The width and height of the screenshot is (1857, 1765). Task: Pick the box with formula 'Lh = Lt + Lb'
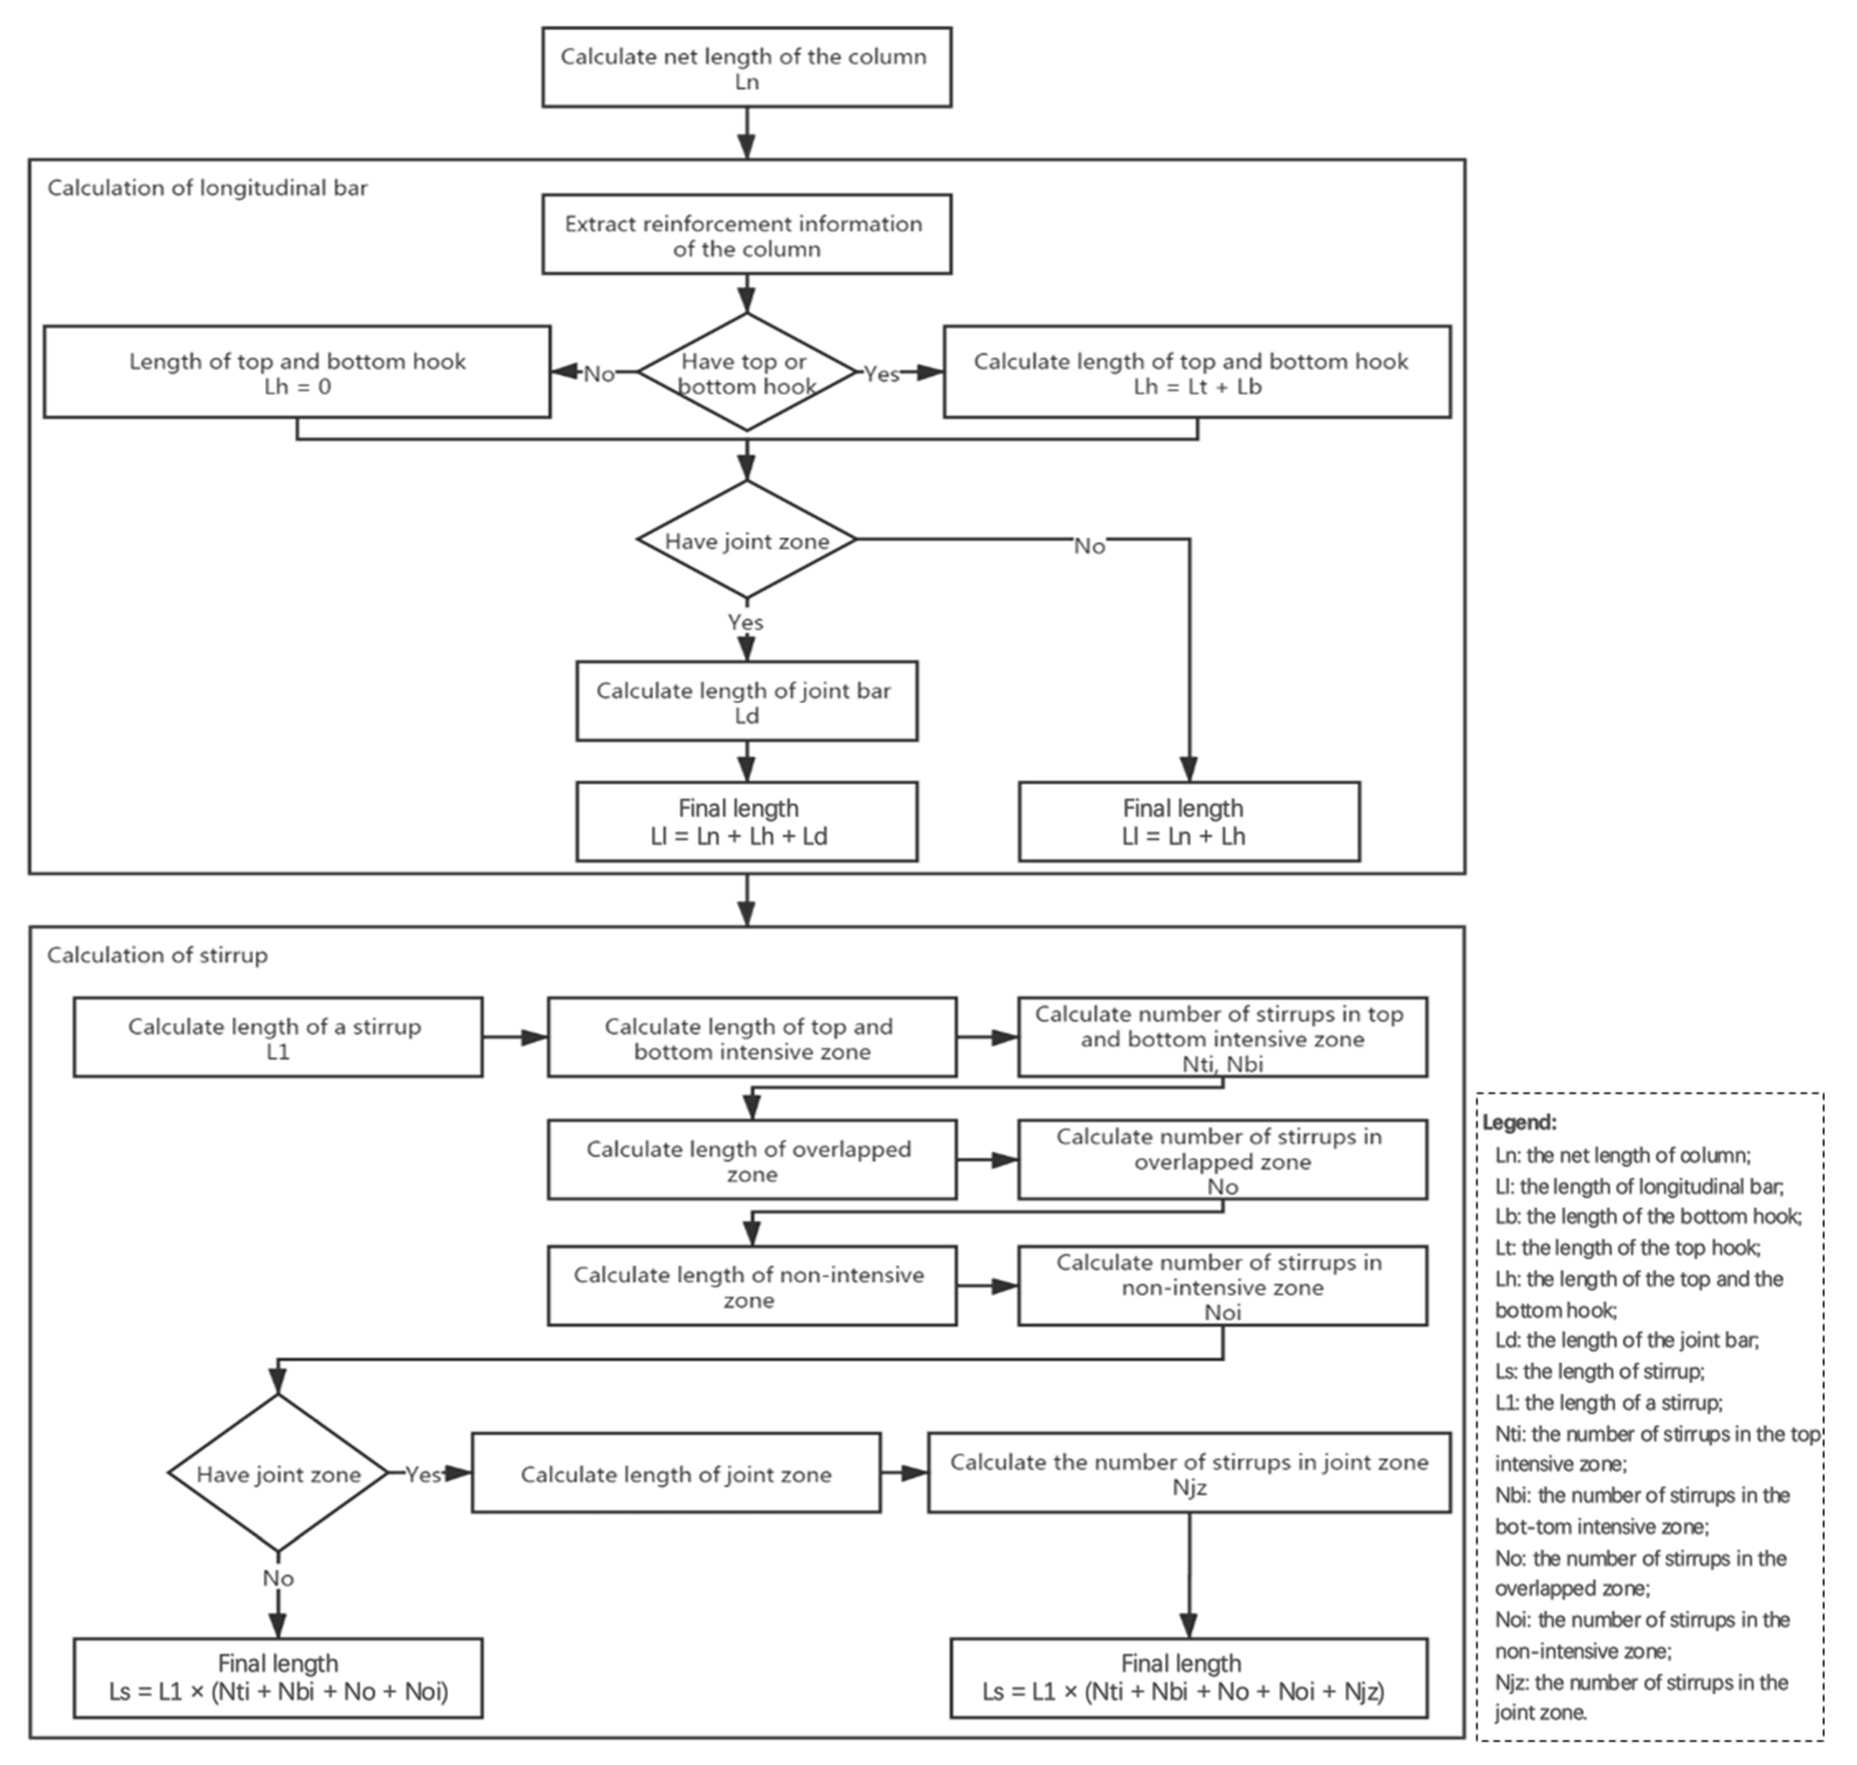tap(1196, 373)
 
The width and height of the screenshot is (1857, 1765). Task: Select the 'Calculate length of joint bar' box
tap(746, 702)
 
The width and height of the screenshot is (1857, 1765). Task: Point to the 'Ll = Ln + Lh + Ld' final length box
tap(746, 821)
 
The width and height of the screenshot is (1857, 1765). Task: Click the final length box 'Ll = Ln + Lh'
tap(1188, 821)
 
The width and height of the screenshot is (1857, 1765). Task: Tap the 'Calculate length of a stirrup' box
tap(278, 1038)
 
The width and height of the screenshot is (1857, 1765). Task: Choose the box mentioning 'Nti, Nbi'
tap(1222, 1038)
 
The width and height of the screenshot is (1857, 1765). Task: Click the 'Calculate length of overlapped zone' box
tap(752, 1160)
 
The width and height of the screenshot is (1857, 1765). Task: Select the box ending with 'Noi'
tap(1222, 1286)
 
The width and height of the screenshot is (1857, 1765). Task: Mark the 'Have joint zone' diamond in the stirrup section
tap(278, 1474)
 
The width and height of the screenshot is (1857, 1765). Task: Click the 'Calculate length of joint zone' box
tap(675, 1474)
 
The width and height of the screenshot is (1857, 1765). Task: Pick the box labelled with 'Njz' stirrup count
tap(1188, 1474)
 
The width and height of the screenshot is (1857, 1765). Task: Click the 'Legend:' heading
tap(1519, 1122)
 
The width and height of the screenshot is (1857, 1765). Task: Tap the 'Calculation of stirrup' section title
tap(157, 955)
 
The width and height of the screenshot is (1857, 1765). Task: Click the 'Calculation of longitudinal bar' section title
tap(207, 188)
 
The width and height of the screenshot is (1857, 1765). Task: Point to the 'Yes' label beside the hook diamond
tap(881, 374)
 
